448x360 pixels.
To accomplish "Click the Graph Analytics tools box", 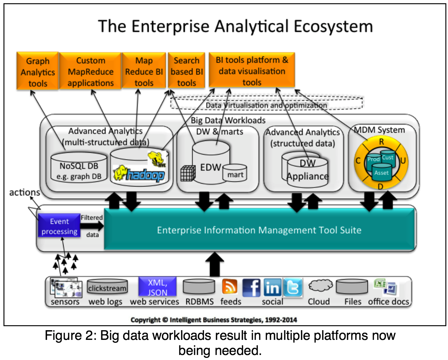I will (37, 71).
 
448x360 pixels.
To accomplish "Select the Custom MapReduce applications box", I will (90, 71).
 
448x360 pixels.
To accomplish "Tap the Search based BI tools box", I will (186, 71).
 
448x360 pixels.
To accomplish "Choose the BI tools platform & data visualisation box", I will (252, 71).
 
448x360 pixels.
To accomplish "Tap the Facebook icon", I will (251, 287).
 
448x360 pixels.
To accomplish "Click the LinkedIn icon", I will (272, 287).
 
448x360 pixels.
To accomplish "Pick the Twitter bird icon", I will (293, 287).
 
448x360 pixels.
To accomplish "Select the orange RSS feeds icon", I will (230, 287).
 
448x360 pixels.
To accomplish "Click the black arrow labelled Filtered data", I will (92, 226).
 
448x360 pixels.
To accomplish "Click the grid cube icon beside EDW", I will (187, 174).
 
